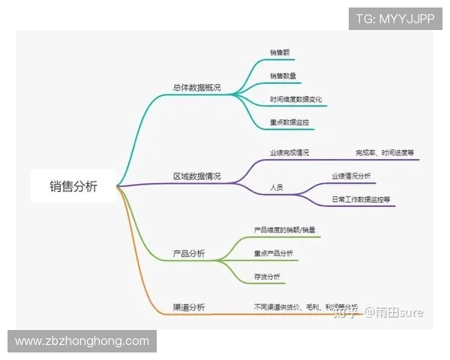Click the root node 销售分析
73,187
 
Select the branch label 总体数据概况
196,87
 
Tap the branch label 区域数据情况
196,176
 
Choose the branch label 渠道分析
189,307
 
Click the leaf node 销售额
280,53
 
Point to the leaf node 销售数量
283,76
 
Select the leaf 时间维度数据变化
296,99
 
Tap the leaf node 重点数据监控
289,121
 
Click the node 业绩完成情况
289,153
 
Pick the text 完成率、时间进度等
385,153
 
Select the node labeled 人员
277,187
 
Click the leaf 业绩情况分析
351,176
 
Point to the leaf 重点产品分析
274,253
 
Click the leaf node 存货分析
268,277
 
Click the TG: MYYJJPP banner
394,19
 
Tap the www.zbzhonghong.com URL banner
82,341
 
